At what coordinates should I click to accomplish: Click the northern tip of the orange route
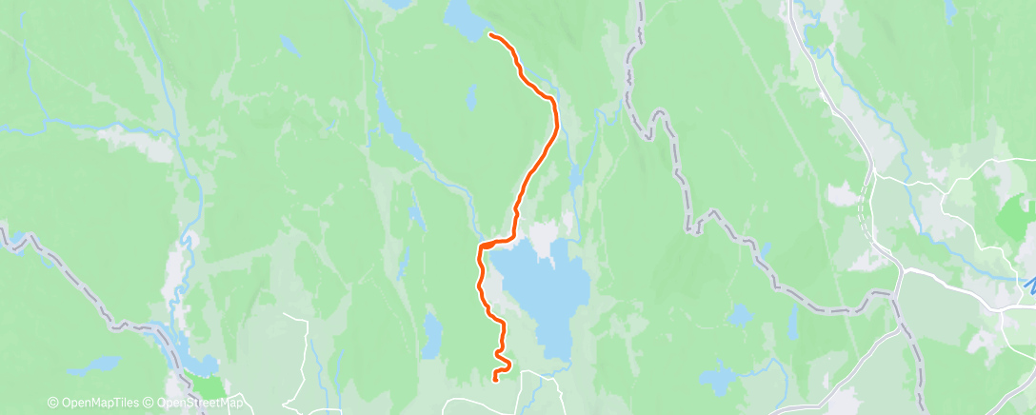click(491, 35)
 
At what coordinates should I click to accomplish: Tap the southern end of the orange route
click(495, 380)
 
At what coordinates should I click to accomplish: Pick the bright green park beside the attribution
click(207, 387)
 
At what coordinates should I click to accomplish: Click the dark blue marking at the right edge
click(1028, 285)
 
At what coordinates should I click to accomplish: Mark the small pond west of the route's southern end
click(432, 336)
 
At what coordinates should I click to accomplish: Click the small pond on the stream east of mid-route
click(574, 178)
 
